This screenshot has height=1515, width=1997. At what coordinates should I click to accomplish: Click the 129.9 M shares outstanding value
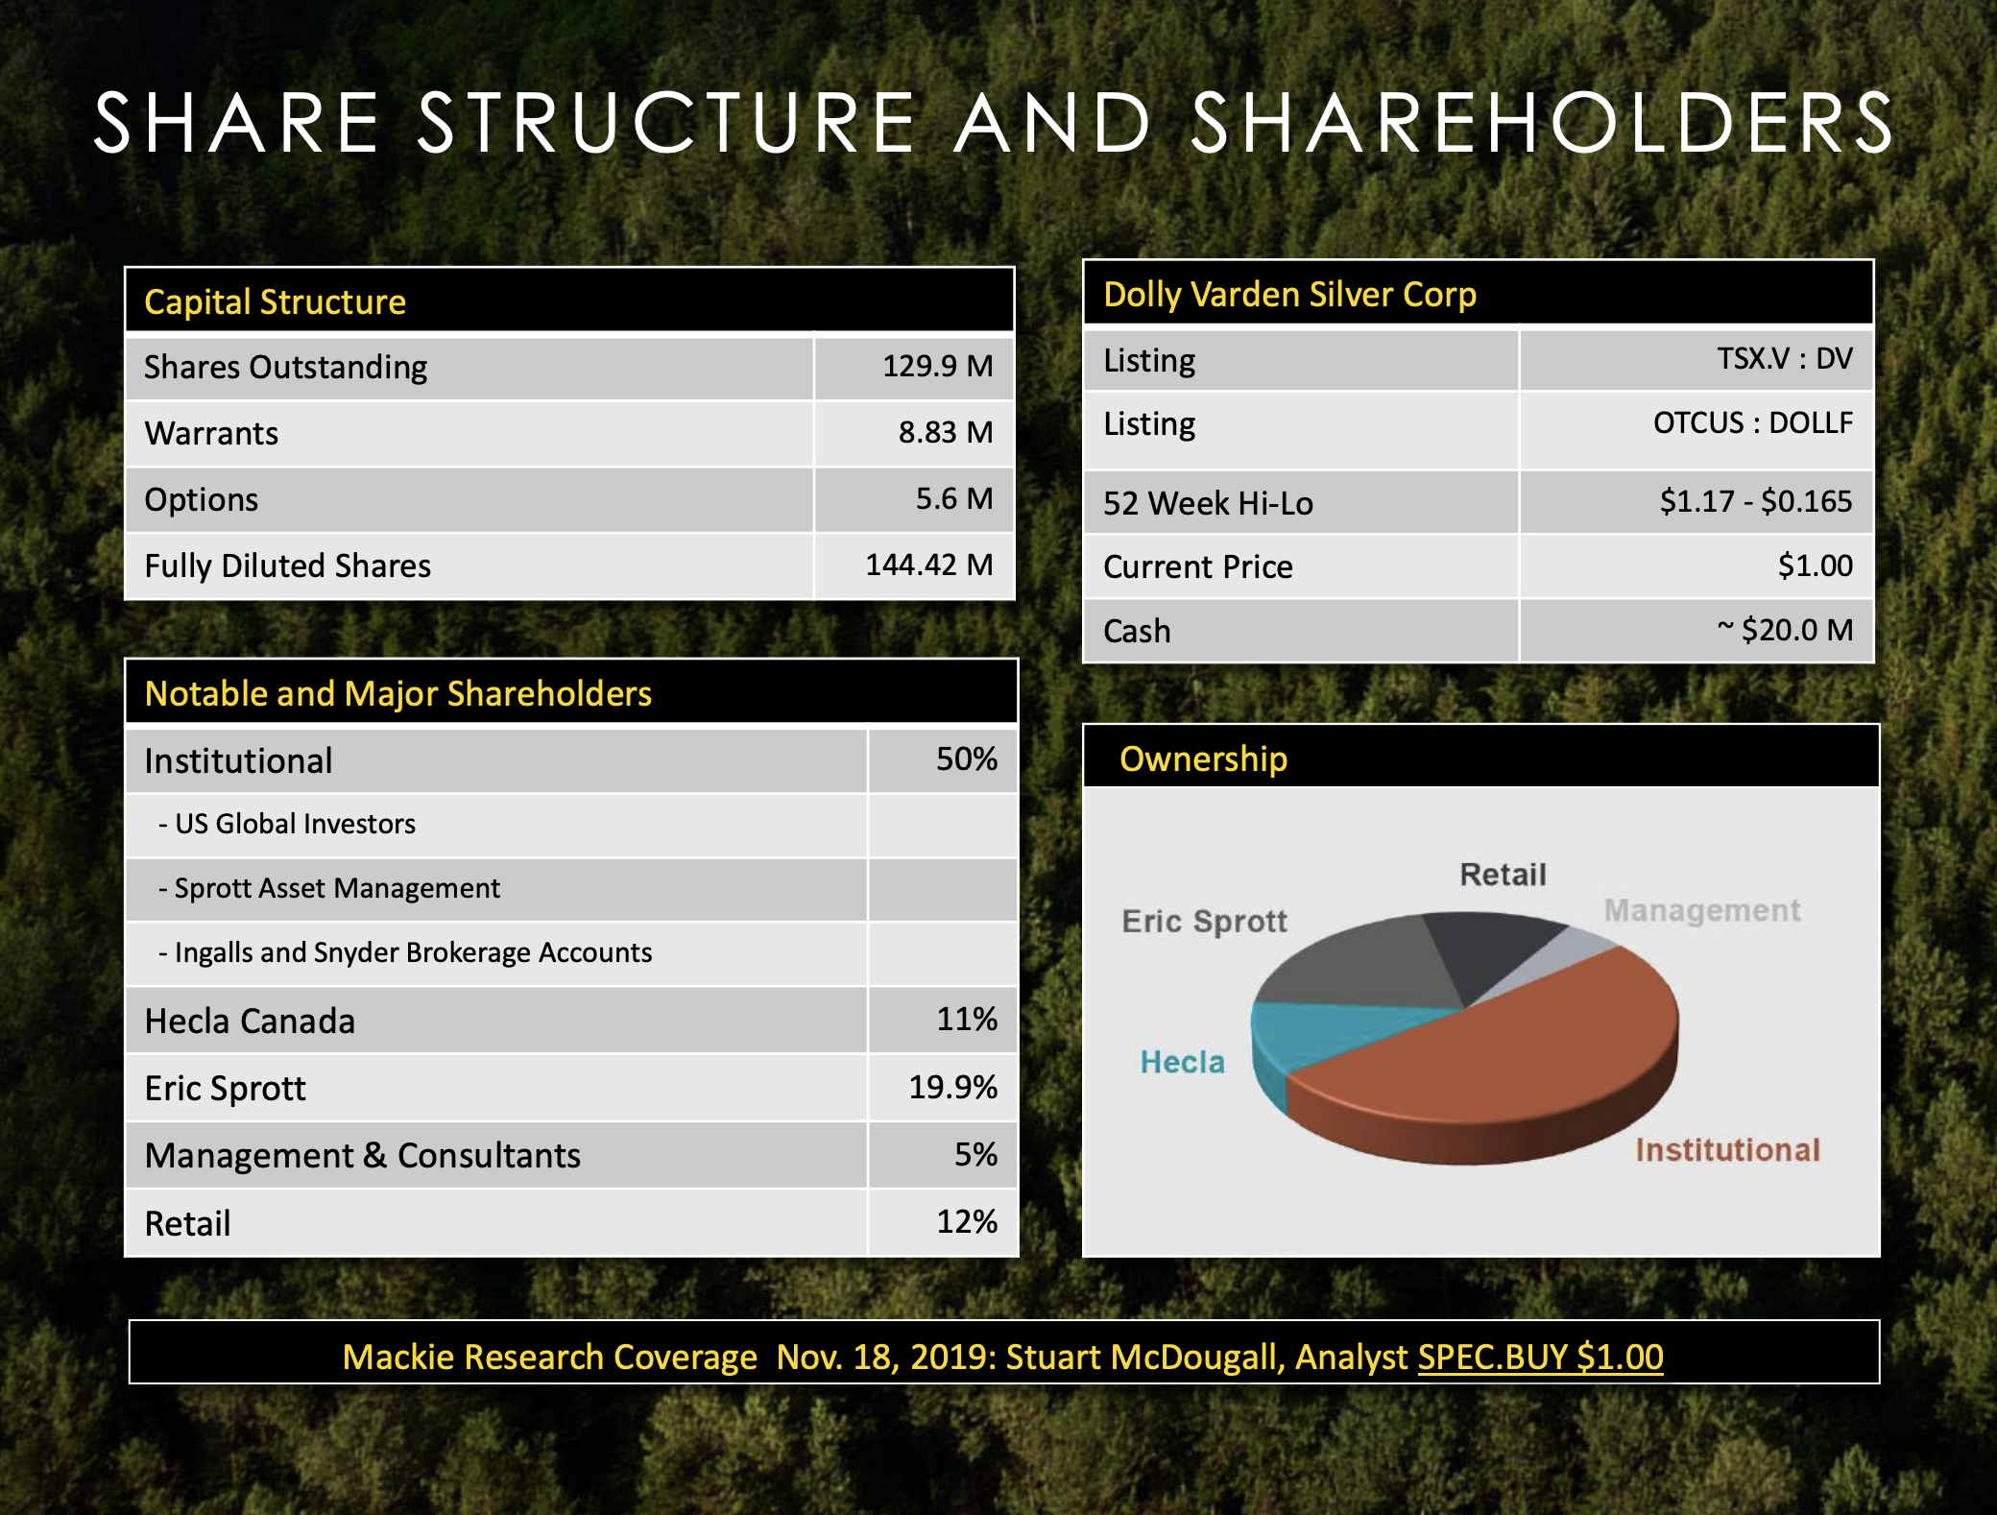[x=937, y=366]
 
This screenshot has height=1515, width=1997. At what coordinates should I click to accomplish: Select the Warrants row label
[x=211, y=433]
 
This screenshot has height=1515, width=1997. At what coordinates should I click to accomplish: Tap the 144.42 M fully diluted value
[x=928, y=565]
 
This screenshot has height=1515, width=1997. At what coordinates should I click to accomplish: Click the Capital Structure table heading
[x=275, y=302]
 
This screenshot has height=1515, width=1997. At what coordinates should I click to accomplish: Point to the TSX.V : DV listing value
[x=1784, y=359]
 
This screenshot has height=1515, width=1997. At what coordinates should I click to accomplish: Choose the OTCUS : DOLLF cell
[x=1752, y=422]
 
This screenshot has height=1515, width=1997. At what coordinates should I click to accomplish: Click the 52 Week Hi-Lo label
[x=1208, y=503]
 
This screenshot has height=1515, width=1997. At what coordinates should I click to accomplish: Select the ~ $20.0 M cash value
[x=1784, y=630]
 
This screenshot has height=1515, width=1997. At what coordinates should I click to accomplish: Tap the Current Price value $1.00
[x=1815, y=565]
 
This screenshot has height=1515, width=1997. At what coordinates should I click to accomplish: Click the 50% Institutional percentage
[x=966, y=759]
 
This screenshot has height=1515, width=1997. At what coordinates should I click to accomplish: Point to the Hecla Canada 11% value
[x=966, y=1019]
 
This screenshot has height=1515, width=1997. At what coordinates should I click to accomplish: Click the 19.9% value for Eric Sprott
[x=952, y=1087]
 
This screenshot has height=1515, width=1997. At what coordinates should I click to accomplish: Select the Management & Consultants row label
[x=363, y=1155]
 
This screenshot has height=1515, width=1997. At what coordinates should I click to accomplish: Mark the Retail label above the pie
[x=1503, y=875]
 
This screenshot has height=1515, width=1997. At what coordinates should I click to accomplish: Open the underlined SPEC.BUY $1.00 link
[x=1540, y=1357]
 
